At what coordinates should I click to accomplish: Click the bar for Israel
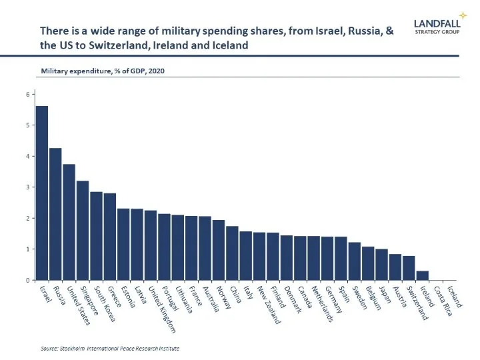click(x=42, y=193)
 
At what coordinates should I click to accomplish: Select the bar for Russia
click(x=55, y=214)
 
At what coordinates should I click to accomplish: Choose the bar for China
click(x=232, y=253)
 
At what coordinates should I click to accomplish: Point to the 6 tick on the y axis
click(x=29, y=94)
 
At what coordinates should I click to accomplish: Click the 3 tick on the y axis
click(x=29, y=187)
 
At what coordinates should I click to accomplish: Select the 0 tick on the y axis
click(x=29, y=280)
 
